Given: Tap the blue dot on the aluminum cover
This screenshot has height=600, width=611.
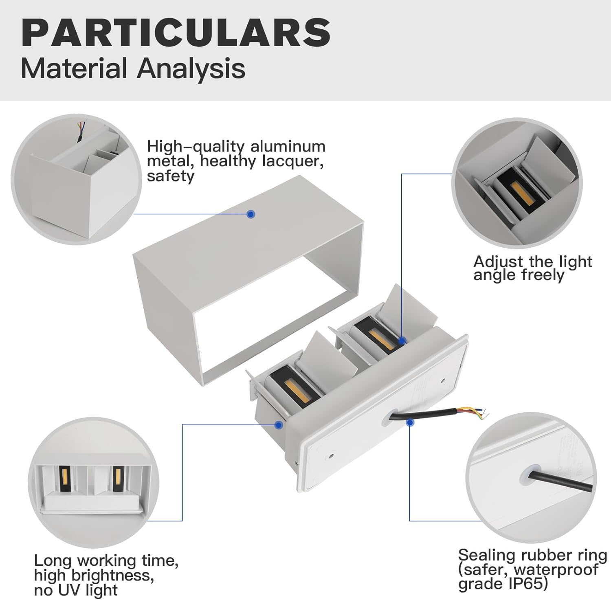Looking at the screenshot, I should click(x=251, y=214).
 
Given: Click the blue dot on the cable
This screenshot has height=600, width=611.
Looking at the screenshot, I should click(x=410, y=422).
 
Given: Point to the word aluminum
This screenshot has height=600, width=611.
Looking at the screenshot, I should click(x=288, y=147).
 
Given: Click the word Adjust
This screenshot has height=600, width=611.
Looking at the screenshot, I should click(x=498, y=261).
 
